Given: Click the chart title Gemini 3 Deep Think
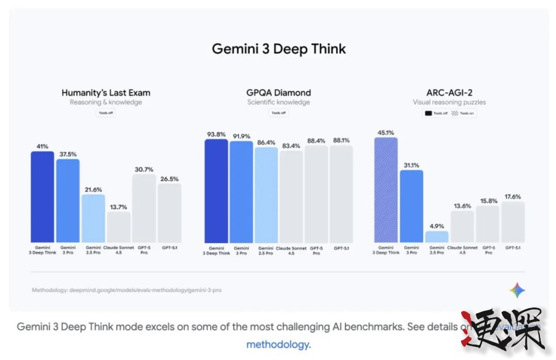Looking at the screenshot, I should click(x=279, y=49).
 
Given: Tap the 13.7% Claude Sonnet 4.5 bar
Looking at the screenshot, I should click(x=118, y=227).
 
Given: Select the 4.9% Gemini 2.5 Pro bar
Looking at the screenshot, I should click(x=437, y=237).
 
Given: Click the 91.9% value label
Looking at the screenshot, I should click(x=241, y=136).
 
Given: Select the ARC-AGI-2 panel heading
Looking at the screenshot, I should click(x=449, y=93).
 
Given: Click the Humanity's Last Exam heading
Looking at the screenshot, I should click(x=106, y=93).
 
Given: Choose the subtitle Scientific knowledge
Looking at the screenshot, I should click(x=279, y=103).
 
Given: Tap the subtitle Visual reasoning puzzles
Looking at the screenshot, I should click(x=449, y=103).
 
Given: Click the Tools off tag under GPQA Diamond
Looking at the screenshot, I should click(x=279, y=113).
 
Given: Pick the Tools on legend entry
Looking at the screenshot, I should click(x=465, y=113).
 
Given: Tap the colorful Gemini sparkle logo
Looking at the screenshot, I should click(x=517, y=290).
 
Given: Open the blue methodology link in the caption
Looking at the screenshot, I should click(x=279, y=345).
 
